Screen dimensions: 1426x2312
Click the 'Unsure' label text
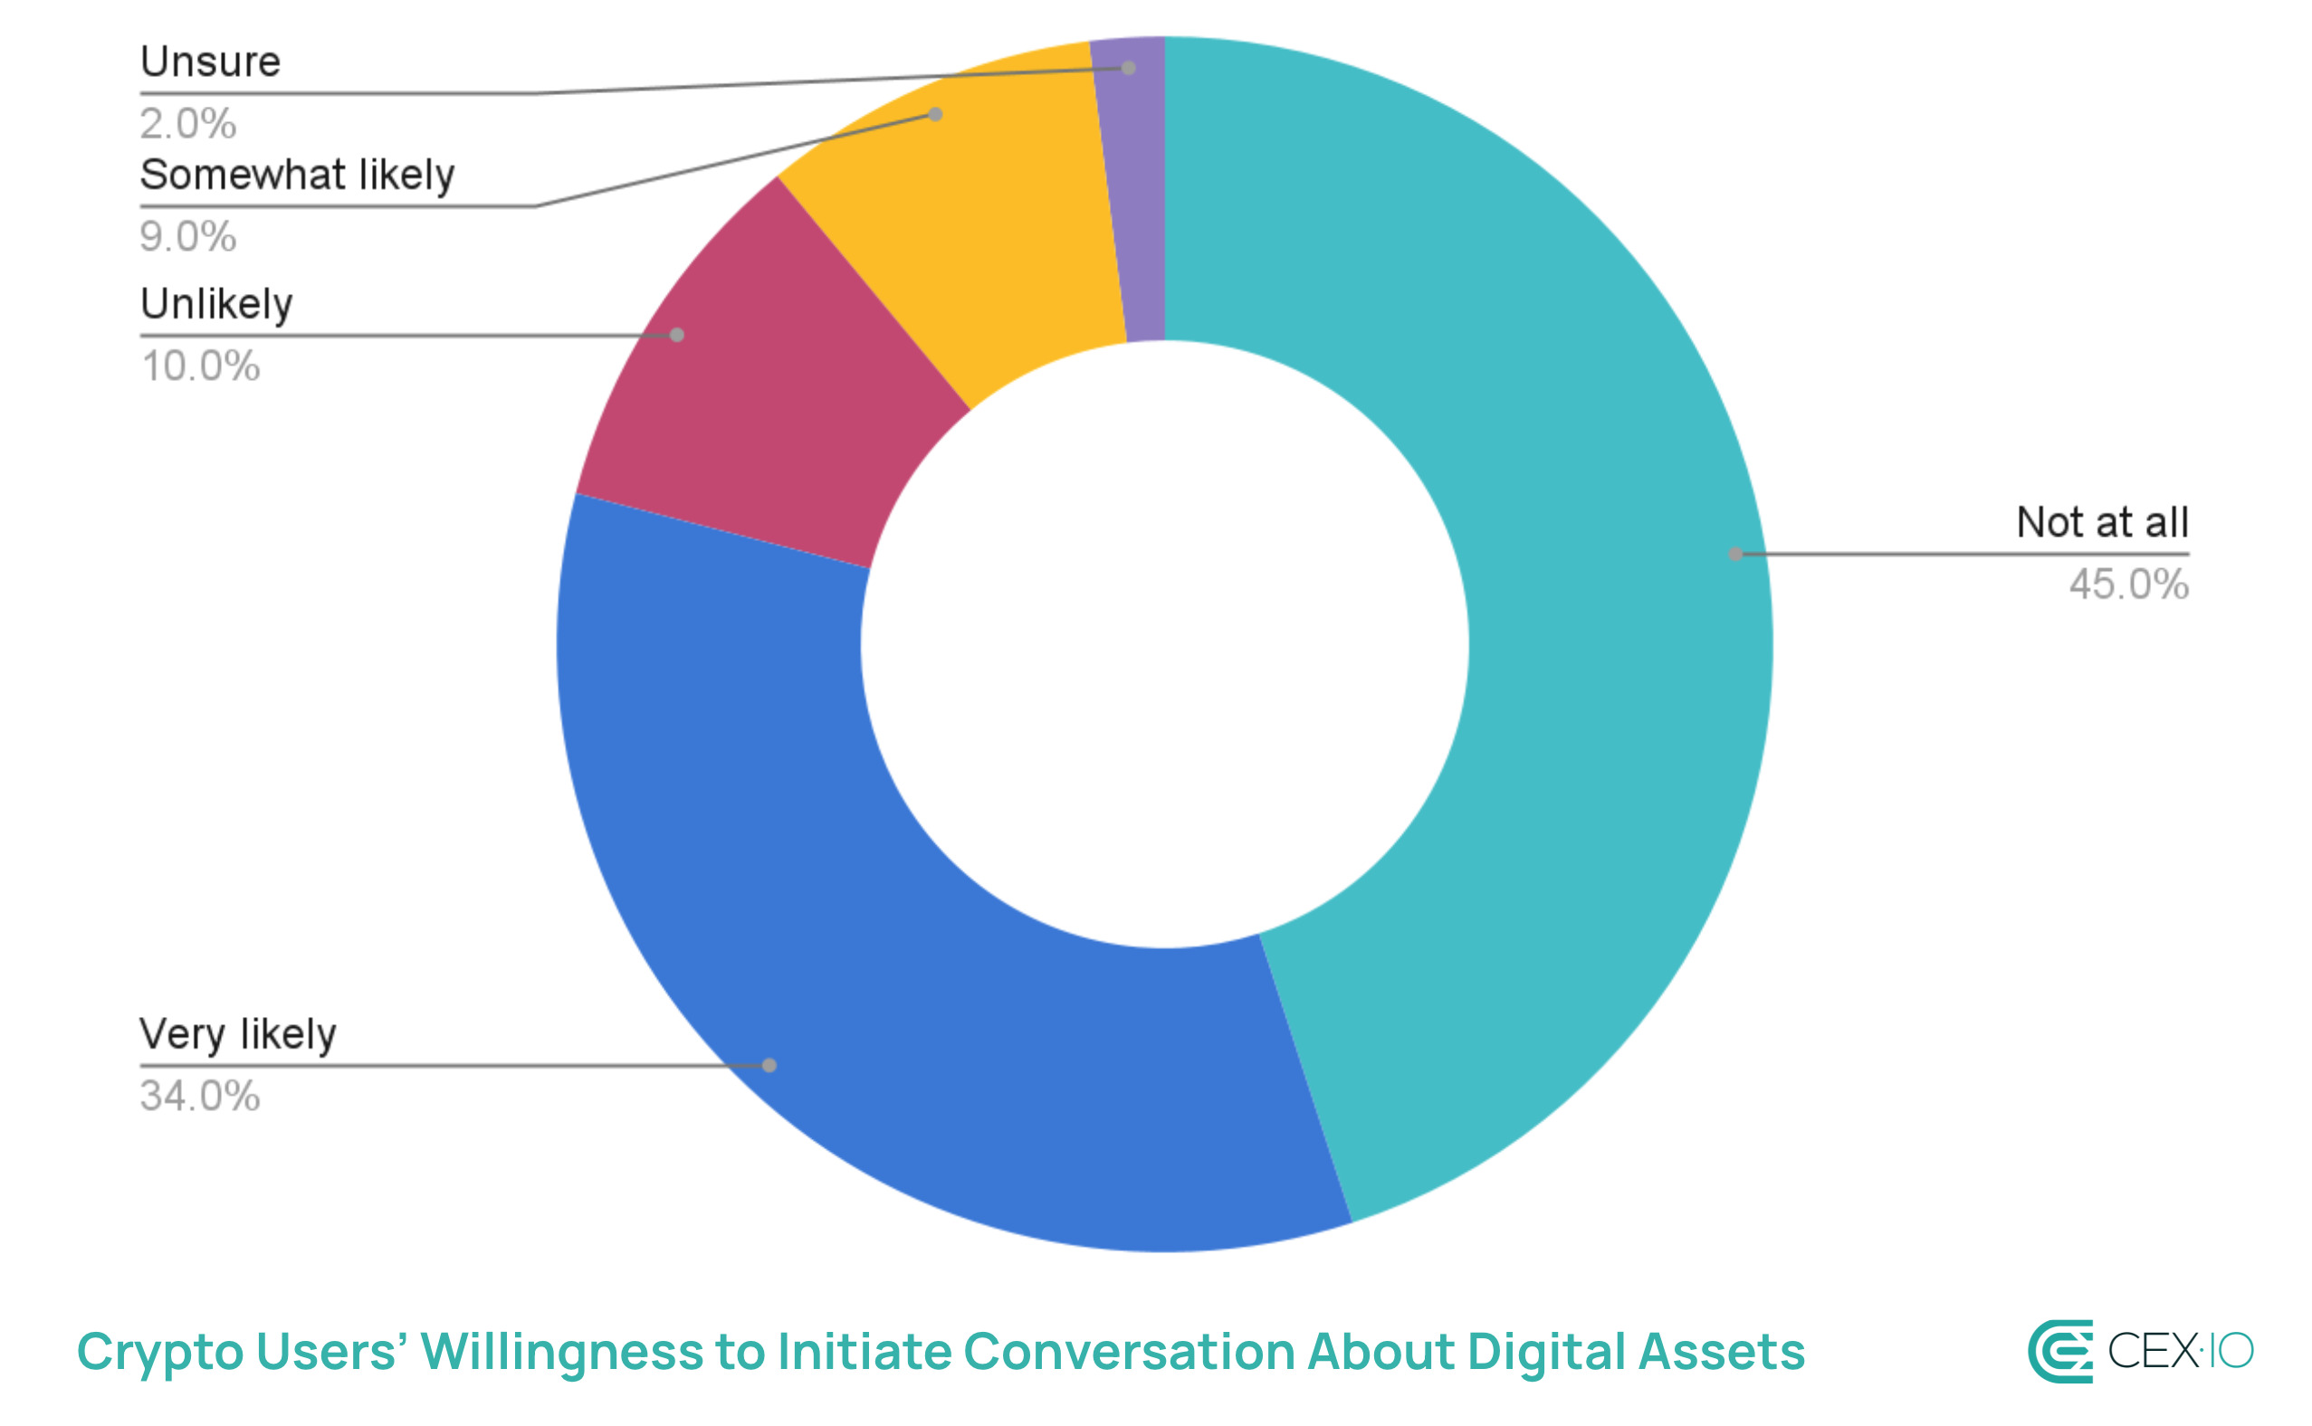pyautogui.click(x=210, y=62)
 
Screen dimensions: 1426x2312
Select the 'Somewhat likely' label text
pyautogui.click(x=297, y=176)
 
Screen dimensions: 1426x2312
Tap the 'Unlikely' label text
pyautogui.click(x=216, y=305)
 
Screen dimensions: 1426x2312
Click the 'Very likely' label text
pyautogui.click(x=238, y=1034)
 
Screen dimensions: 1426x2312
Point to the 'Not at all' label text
pyautogui.click(x=2102, y=522)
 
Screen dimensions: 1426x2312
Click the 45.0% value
pyautogui.click(x=2128, y=585)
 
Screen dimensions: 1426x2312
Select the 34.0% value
pyautogui.click(x=200, y=1096)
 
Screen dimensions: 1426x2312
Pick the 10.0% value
pyautogui.click(x=200, y=366)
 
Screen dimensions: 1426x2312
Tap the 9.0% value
pyautogui.click(x=187, y=237)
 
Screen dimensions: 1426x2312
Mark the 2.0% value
pyautogui.click(x=187, y=124)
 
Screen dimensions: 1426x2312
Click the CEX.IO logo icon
pyautogui.click(x=2060, y=1351)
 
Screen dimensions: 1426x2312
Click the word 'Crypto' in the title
pyautogui.click(x=158, y=1353)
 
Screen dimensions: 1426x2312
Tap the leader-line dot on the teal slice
pyautogui.click(x=1734, y=555)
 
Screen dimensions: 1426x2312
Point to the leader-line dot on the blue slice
pyautogui.click(x=769, y=1065)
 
